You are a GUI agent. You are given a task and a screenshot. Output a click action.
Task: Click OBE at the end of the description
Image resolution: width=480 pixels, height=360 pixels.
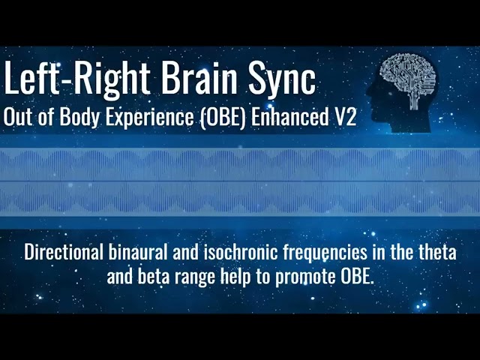(355, 275)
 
